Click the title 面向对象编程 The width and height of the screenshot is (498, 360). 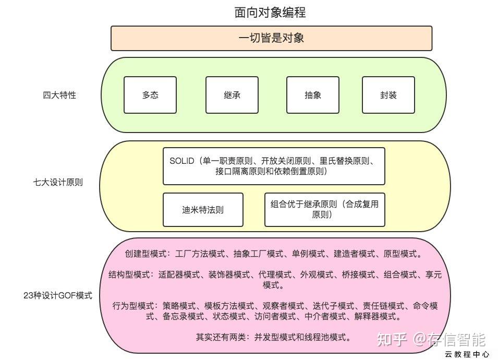[x=270, y=13]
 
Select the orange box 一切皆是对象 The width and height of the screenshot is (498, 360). [x=272, y=38]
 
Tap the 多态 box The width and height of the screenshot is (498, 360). [x=150, y=94]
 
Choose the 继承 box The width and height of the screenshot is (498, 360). [x=232, y=94]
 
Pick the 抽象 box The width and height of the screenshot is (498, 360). [x=313, y=94]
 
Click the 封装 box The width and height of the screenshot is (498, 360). [x=388, y=94]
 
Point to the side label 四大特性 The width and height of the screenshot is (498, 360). [x=59, y=95]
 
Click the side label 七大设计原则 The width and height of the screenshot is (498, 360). [x=58, y=182]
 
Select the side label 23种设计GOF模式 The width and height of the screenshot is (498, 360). [x=58, y=295]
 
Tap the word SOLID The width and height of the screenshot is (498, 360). [x=181, y=161]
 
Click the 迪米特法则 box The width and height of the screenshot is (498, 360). [x=203, y=210]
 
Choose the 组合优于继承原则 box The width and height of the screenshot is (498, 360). [x=324, y=210]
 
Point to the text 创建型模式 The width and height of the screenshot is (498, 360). [x=145, y=254]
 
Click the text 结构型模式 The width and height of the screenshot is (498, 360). [x=129, y=274]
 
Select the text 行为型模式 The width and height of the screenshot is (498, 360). [x=133, y=306]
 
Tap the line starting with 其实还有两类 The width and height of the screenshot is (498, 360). [x=273, y=337]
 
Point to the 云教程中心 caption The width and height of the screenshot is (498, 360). [x=467, y=354]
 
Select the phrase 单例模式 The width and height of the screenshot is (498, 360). [x=308, y=254]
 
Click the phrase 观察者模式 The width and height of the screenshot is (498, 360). [x=283, y=306]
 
